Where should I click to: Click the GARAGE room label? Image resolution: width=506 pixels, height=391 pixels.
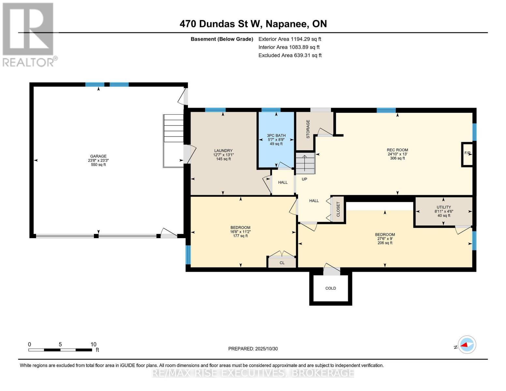[x=98, y=156]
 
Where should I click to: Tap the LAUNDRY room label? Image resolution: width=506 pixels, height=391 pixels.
[x=223, y=151]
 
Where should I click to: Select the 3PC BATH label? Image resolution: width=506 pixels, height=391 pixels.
[x=276, y=136]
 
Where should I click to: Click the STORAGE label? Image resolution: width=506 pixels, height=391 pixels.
[x=308, y=129]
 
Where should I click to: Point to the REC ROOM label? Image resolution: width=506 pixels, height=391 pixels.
[x=397, y=150]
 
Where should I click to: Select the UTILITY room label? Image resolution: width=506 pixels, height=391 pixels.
[x=443, y=207]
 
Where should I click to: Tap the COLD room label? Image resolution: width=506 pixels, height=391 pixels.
[x=330, y=288]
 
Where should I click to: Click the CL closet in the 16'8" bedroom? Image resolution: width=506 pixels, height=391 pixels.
[x=282, y=263]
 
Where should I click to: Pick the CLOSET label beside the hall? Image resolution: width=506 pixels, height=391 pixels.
[x=338, y=209]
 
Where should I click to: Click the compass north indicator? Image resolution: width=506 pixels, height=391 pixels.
[x=467, y=345]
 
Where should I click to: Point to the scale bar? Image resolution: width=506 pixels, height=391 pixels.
[x=60, y=350]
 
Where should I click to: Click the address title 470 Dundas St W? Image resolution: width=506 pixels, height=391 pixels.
[x=253, y=24]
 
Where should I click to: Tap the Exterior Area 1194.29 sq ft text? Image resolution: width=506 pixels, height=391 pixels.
[x=290, y=39]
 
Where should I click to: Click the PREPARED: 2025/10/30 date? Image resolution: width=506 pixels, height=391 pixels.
[x=253, y=349]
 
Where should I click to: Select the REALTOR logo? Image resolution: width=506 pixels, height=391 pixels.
[x=28, y=35]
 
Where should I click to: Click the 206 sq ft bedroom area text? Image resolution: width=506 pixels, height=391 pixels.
[x=384, y=243]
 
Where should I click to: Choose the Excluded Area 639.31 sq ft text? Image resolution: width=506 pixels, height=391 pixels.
[x=290, y=55]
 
